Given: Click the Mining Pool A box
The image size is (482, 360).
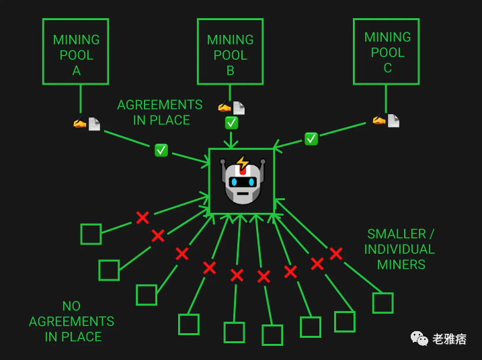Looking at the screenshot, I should point(75,51).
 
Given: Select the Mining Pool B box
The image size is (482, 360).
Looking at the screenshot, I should point(230,51).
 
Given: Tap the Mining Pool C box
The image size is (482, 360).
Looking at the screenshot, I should point(387,51).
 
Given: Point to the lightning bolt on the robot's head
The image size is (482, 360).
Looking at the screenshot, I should point(243,163).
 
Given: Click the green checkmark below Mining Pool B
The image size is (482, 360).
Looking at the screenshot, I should point(231,123).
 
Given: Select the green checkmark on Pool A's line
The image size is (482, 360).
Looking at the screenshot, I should point(161,150).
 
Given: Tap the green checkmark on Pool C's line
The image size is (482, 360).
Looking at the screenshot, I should point(311,139).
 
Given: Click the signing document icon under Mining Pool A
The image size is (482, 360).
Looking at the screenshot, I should point(87,124).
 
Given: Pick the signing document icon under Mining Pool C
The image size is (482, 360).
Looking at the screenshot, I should point(386,120).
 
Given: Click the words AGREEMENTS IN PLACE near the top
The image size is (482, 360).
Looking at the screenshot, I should point(159,112).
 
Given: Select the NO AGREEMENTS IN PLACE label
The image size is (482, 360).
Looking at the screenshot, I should point(72,322).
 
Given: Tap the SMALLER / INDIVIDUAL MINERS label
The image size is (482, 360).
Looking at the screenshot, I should point(400,249).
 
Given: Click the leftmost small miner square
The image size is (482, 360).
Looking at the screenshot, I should point(91,234).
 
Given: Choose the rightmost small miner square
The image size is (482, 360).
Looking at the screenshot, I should point(383,303).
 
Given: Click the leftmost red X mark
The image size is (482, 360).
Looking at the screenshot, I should point(143,218).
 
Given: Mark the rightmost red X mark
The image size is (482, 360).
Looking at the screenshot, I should point(335,254).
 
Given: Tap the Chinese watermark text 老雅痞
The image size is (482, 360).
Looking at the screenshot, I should point(450,339).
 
